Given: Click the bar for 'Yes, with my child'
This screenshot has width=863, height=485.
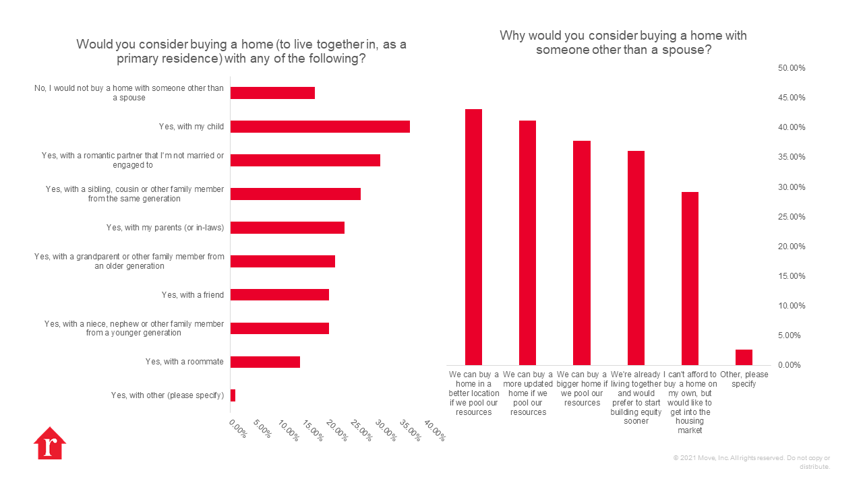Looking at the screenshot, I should [x=320, y=127].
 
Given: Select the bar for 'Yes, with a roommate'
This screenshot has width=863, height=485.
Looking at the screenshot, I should [x=265, y=362].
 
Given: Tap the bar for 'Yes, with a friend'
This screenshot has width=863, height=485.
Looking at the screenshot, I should [x=279, y=294].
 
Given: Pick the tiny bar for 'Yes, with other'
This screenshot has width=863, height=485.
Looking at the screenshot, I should [x=233, y=395].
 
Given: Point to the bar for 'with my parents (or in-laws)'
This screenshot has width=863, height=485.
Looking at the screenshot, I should [x=287, y=228].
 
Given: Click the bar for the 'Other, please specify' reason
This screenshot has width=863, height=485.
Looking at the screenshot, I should [x=744, y=357].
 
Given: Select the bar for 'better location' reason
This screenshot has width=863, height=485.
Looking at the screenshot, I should [x=473, y=236].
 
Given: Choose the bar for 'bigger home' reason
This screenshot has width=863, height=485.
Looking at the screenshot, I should [x=582, y=253].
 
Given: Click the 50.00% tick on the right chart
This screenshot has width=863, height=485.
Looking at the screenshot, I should [x=792, y=68].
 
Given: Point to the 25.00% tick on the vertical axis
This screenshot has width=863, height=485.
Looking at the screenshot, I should [x=792, y=217].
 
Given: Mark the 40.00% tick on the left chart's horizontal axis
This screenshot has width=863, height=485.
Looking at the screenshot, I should [x=436, y=432].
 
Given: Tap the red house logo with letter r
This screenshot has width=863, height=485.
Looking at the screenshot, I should [x=50, y=444].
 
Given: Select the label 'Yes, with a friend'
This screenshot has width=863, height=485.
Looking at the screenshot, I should [x=192, y=295].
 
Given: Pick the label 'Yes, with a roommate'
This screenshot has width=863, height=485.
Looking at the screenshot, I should [x=184, y=362].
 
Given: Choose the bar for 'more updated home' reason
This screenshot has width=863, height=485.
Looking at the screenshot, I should [x=527, y=243].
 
